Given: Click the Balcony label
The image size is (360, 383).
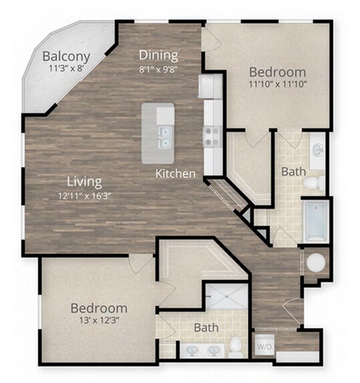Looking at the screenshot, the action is pos(66,57).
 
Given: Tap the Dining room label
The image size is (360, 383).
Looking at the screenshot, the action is pos(158,55).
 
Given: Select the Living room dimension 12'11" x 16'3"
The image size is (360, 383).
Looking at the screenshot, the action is pos(85,196).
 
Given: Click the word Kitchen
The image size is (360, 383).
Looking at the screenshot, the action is pos(176,174).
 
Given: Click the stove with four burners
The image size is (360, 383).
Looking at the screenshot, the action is pos(212,137).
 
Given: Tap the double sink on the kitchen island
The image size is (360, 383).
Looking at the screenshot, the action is pos(165,138).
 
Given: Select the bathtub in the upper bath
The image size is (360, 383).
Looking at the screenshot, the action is pos(315,221).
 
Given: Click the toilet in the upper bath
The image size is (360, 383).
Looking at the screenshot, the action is pos(314,182).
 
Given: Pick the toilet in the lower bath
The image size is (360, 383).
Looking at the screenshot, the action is pos(236,348).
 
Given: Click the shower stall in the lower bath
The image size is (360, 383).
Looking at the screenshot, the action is pos(226,296).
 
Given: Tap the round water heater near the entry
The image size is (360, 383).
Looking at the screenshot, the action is pos(316,263).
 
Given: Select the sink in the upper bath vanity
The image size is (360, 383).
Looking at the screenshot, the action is pos(318,149).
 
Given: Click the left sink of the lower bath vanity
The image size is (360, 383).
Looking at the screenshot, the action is pos(192,351).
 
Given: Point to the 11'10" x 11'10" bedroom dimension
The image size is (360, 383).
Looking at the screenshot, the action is pos(277,84).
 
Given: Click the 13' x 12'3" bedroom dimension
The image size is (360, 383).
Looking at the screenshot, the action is pos(99,320).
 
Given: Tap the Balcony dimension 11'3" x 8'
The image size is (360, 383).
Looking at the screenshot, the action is pos(66,68).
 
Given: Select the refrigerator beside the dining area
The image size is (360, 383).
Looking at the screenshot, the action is pos(210,86).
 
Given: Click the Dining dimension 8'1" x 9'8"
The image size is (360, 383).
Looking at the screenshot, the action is pos(158,70).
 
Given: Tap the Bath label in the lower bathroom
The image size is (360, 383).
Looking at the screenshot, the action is pos(206,328).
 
